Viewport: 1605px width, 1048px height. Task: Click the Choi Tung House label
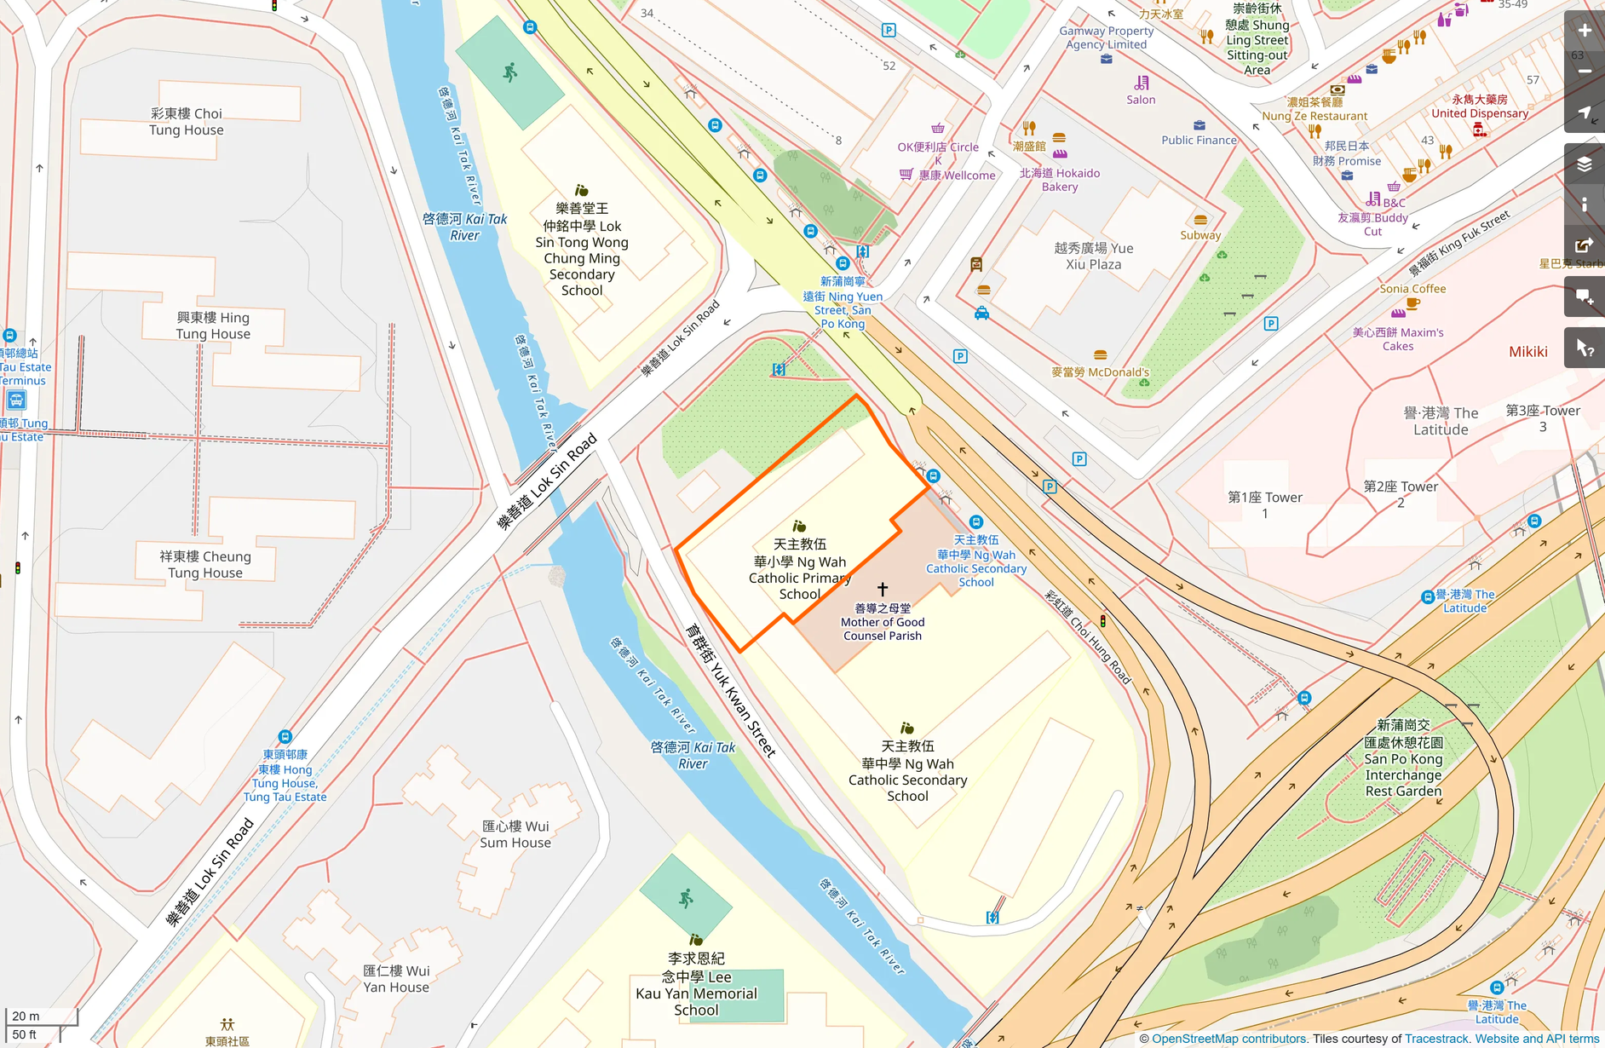[187, 122]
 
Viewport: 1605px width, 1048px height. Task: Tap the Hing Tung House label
[213, 325]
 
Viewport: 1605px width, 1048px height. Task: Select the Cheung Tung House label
[205, 564]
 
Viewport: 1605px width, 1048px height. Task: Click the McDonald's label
[1100, 372]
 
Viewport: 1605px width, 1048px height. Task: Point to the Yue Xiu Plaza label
[1093, 256]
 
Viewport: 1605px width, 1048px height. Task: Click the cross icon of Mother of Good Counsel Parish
[883, 589]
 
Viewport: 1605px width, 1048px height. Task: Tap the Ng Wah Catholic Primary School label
[799, 569]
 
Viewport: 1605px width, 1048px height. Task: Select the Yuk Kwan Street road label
[731, 691]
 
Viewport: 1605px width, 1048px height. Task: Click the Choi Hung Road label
[1088, 637]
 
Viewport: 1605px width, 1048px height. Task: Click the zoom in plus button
[1585, 31]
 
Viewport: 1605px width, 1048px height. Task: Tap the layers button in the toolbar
[1585, 164]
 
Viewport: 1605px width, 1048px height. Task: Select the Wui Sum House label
[515, 834]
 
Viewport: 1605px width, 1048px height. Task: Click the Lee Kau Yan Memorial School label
[696, 984]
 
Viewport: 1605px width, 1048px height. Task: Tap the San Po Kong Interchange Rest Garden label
[1403, 758]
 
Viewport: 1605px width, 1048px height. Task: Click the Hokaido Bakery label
[1060, 180]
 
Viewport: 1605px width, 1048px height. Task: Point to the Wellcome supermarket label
[957, 176]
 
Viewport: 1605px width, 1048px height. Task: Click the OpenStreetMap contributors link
[1228, 1039]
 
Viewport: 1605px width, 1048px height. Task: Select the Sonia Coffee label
[1412, 289]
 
